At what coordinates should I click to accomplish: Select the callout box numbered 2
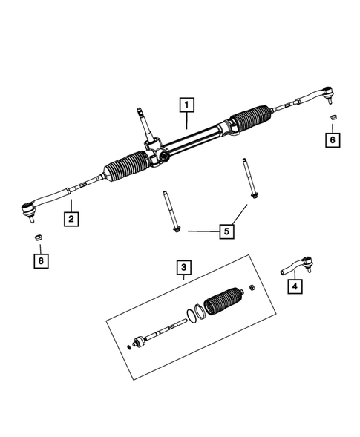coord(71,219)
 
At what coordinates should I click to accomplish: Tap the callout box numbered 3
coord(183,266)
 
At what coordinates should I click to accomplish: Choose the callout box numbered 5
coord(226,231)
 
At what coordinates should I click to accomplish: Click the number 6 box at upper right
coord(333,139)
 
